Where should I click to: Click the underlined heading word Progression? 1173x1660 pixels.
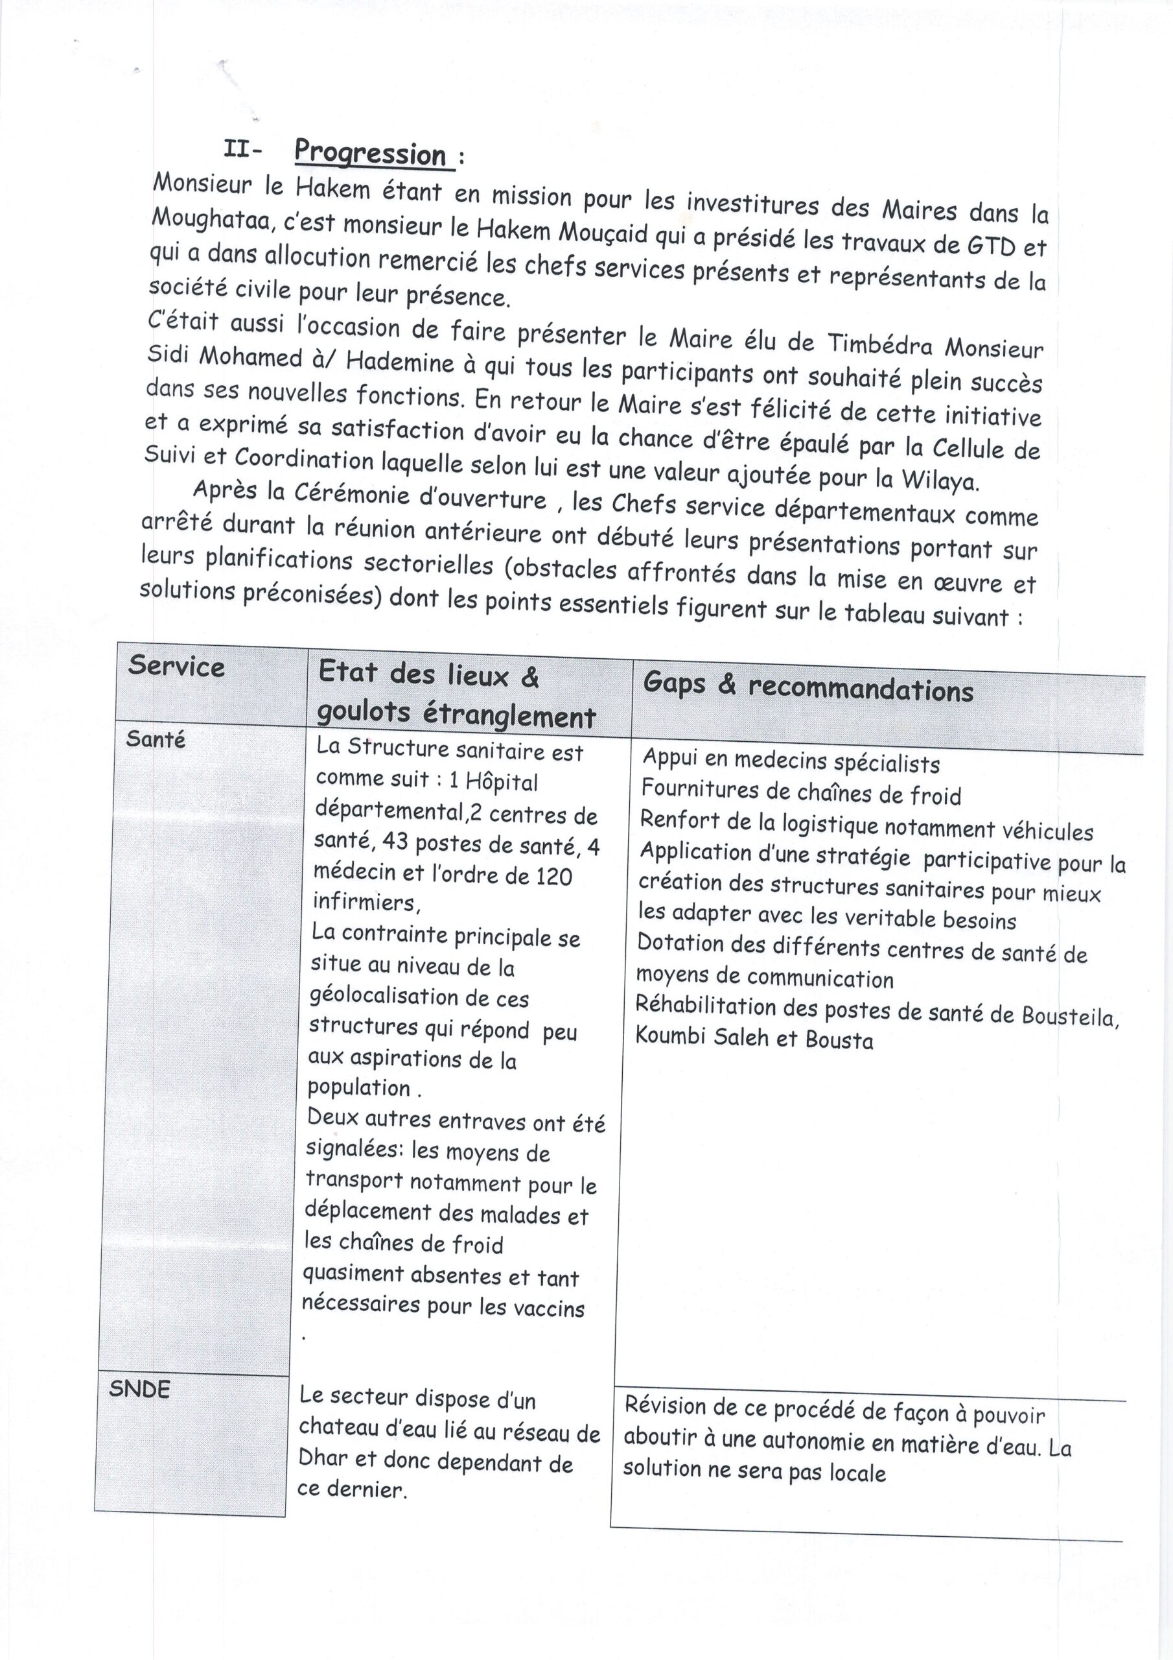point(371,154)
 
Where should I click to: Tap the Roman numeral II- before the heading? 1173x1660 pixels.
point(244,150)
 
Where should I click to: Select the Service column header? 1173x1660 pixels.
point(176,667)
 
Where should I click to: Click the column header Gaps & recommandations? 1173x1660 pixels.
point(808,687)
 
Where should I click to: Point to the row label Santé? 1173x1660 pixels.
point(156,739)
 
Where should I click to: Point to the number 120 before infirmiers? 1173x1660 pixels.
point(553,876)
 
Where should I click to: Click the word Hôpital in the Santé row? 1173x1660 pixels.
point(502,782)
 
